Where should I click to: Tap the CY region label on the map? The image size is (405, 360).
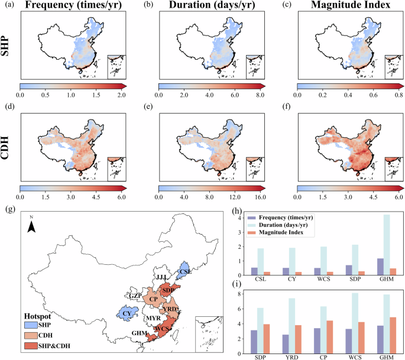coord(127,312)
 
